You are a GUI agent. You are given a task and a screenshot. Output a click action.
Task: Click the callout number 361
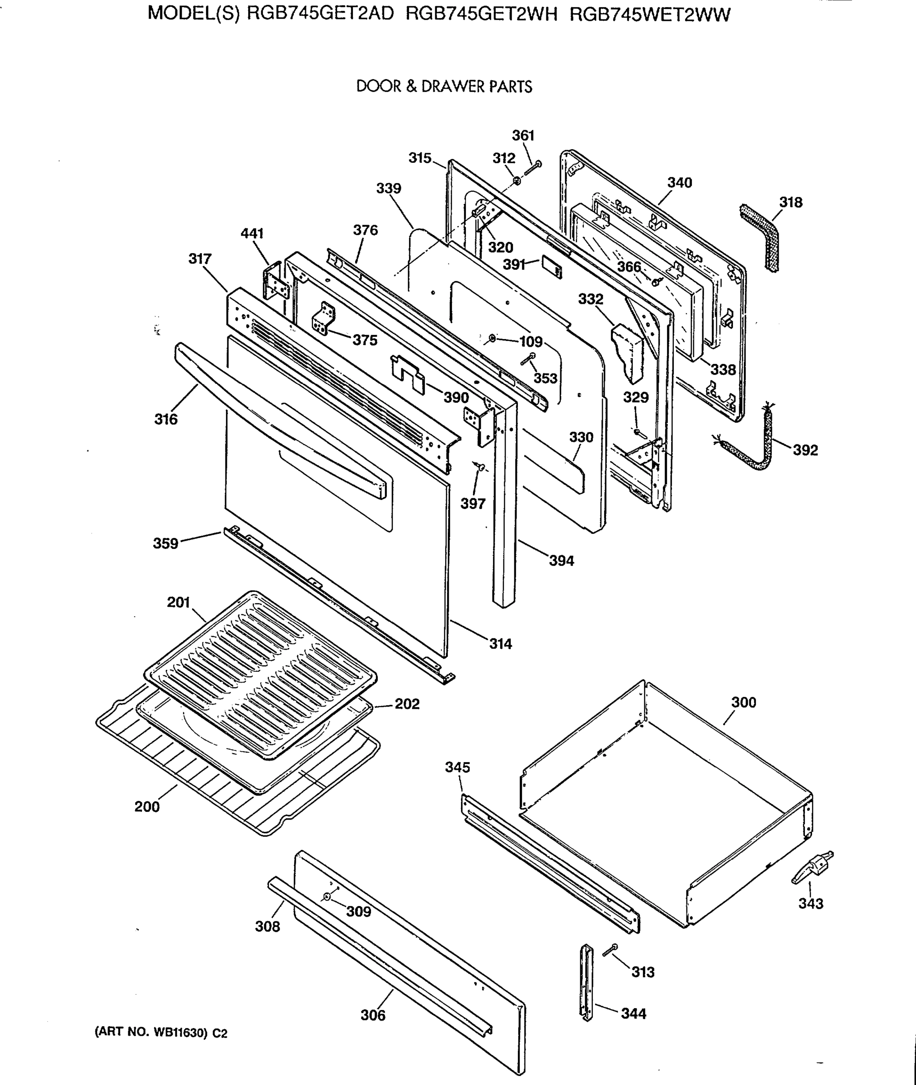click(523, 136)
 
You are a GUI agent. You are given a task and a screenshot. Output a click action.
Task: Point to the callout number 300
click(744, 702)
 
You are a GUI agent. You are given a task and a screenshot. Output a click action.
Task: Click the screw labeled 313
click(610, 950)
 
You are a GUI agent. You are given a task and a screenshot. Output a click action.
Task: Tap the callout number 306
click(373, 1015)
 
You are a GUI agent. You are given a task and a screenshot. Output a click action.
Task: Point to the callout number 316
click(166, 419)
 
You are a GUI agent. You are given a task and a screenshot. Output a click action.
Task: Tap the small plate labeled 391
click(551, 266)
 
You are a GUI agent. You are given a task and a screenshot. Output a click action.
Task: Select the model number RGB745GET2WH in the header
click(481, 14)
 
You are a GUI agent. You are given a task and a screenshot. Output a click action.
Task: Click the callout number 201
click(178, 603)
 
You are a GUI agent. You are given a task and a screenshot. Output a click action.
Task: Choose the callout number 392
click(805, 450)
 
